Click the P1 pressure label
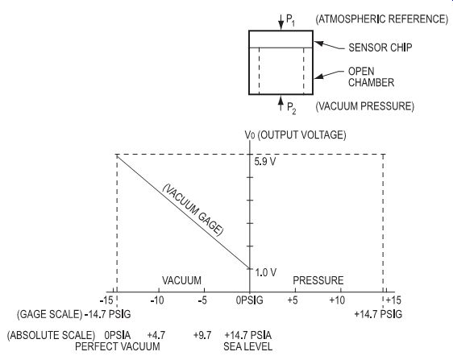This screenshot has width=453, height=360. (291, 20)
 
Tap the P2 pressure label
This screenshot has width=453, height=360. (292, 108)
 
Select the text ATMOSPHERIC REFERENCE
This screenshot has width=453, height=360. (381, 19)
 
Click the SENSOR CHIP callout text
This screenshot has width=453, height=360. (380, 48)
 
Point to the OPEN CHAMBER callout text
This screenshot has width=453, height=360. (371, 77)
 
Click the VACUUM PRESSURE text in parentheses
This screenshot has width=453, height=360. (365, 106)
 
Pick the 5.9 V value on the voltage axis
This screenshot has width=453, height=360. (265, 162)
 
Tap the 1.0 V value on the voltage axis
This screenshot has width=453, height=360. (266, 272)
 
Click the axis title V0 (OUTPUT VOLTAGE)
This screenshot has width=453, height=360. (295, 135)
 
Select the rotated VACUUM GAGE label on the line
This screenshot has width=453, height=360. (193, 210)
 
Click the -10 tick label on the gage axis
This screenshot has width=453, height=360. (157, 300)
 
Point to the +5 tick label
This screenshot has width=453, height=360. (293, 300)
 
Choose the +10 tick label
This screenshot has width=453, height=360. (337, 300)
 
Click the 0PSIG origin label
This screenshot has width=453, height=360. (250, 300)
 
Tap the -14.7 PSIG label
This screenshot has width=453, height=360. (107, 314)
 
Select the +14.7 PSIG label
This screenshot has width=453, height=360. (378, 314)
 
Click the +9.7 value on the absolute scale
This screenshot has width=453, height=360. (202, 336)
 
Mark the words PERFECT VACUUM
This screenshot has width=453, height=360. (118, 346)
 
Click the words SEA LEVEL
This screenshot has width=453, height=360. (248, 346)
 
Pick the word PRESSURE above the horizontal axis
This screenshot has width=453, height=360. (318, 280)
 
